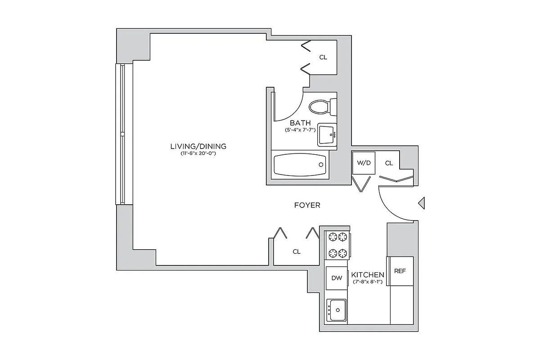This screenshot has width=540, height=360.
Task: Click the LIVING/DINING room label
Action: point(198,146)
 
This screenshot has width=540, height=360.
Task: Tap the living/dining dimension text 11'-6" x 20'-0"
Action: point(198,154)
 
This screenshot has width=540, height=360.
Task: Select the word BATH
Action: point(300,123)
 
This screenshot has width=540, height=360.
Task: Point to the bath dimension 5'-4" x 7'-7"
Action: point(300,130)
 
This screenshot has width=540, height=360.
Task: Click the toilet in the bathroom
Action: point(322,107)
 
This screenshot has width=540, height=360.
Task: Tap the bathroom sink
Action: point(327,135)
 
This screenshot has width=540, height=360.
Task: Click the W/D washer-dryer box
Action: point(364,163)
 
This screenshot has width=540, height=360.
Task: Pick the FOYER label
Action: point(307,205)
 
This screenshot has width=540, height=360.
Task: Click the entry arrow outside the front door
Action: point(421,203)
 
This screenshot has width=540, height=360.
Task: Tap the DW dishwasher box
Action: point(337,278)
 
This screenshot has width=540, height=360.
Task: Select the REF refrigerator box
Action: point(400,271)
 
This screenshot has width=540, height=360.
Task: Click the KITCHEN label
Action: point(368,275)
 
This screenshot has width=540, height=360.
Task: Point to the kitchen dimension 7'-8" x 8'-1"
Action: point(368,282)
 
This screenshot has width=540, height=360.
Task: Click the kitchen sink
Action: point(337,310)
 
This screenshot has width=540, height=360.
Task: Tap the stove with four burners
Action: point(337,245)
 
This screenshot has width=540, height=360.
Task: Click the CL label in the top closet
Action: point(323,57)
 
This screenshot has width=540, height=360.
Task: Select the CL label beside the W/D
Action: point(389,163)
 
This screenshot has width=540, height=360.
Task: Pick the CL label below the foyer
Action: point(297,252)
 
